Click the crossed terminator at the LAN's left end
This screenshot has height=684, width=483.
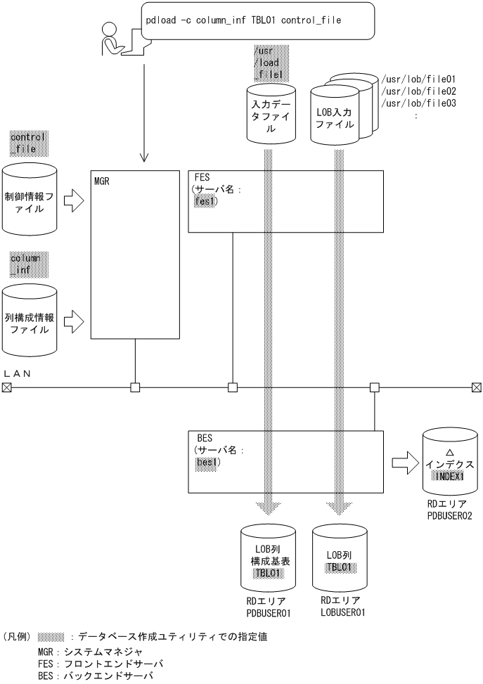(7, 387)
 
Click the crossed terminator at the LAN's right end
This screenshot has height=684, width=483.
(476, 387)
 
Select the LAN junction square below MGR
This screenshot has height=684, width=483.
(135, 387)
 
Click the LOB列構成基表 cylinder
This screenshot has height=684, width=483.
(269, 562)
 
